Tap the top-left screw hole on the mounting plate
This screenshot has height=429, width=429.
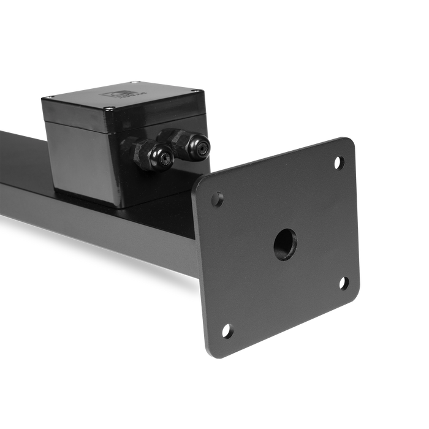[x=217, y=199]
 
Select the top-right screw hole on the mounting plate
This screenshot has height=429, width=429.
[x=339, y=162]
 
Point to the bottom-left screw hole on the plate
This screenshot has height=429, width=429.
[x=228, y=332]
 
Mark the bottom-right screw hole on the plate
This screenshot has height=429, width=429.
[x=344, y=283]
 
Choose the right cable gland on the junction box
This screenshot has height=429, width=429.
[x=191, y=143]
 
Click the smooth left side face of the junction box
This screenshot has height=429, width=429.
[x=77, y=153]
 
